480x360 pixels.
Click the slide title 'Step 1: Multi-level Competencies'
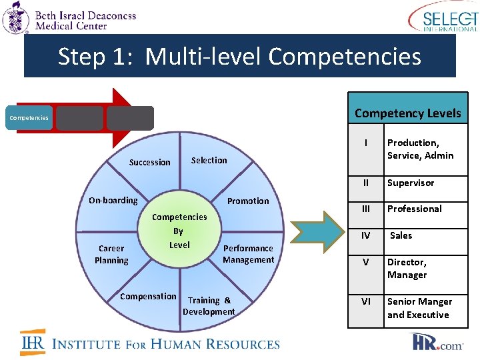tap(239, 57)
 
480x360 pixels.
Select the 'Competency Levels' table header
tap(407, 113)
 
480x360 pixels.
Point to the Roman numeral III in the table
tap(365, 209)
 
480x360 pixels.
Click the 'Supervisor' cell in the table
tap(411, 183)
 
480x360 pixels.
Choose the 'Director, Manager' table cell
tap(407, 269)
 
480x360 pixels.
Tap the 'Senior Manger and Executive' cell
tap(419, 308)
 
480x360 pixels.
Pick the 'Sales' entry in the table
tap(401, 235)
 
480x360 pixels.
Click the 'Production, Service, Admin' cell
tap(420, 149)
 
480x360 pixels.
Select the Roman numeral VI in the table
tap(365, 301)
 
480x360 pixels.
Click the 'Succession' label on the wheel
tap(149, 162)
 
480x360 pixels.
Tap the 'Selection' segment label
tap(209, 160)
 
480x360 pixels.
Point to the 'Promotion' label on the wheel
tap(248, 201)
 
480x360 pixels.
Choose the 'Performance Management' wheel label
tap(248, 254)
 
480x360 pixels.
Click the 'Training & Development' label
tap(209, 306)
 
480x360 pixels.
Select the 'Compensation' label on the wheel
tap(148, 296)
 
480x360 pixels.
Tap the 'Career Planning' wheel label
tap(111, 254)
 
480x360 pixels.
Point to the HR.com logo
tap(437, 343)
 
